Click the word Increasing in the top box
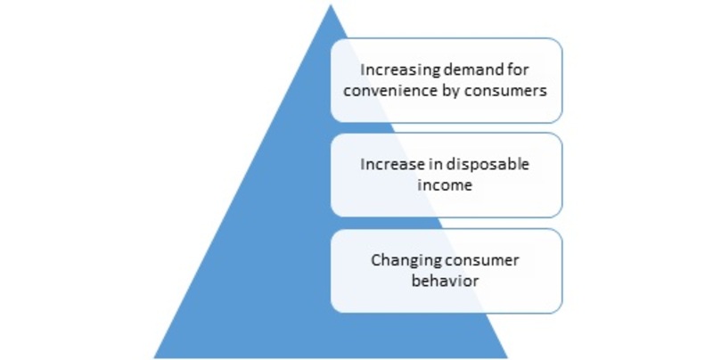click(x=400, y=70)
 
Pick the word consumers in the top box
click(x=505, y=92)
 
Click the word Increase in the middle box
click(x=394, y=164)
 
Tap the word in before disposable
click(x=437, y=164)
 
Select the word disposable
click(x=488, y=165)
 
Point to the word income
click(x=445, y=185)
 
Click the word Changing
click(x=406, y=261)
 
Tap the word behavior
click(x=445, y=281)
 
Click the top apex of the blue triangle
click(x=331, y=5)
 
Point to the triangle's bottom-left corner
click(x=154, y=357)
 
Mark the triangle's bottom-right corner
click(x=507, y=357)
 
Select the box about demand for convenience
click(x=447, y=80)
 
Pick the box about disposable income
click(x=447, y=175)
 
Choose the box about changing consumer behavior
click(x=447, y=271)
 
